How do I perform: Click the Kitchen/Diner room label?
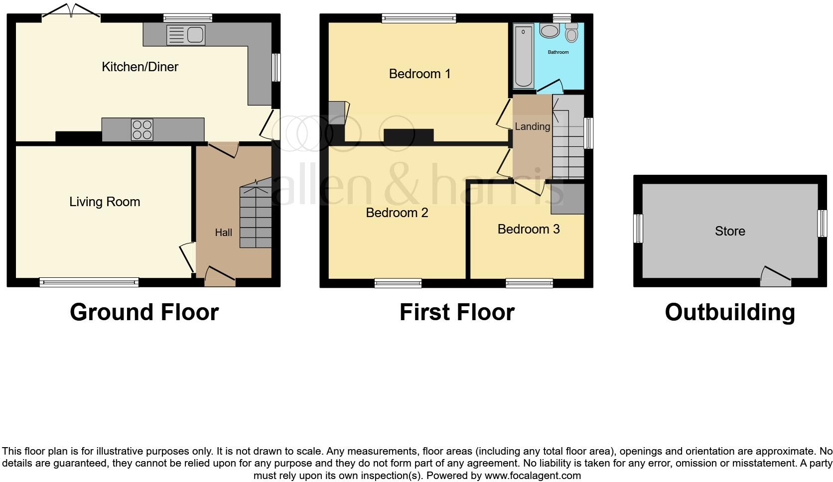tap(140, 67)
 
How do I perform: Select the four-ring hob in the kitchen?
tap(142, 130)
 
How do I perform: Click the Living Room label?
tap(105, 202)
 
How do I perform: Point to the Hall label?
tap(223, 233)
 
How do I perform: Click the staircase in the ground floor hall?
tap(256, 217)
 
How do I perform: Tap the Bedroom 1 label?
tap(419, 74)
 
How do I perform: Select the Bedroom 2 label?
tap(397, 213)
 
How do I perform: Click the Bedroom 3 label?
tap(528, 229)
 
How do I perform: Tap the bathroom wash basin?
tap(550, 31)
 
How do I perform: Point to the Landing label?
tap(532, 126)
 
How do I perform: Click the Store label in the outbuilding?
tap(730, 231)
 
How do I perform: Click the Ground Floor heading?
tap(144, 312)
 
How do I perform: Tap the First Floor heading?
tap(456, 312)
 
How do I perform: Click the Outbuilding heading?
tap(729, 312)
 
